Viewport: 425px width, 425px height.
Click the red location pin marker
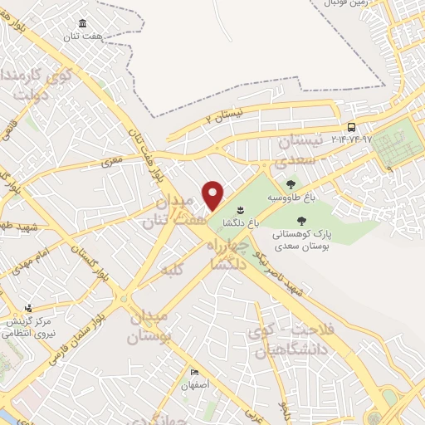tap(213, 195)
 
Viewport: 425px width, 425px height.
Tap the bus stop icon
tap(353, 127)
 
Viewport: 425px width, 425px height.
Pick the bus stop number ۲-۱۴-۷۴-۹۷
tap(351, 138)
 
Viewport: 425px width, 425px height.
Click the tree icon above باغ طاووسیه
tap(290, 185)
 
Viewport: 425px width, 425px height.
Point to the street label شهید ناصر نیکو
tap(284, 274)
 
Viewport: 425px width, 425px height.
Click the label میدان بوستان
tap(150, 326)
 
